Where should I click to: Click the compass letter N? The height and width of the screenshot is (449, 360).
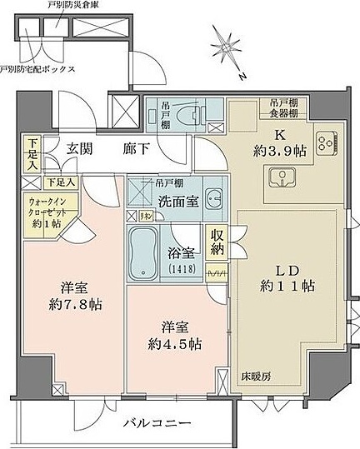(x=241, y=77)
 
